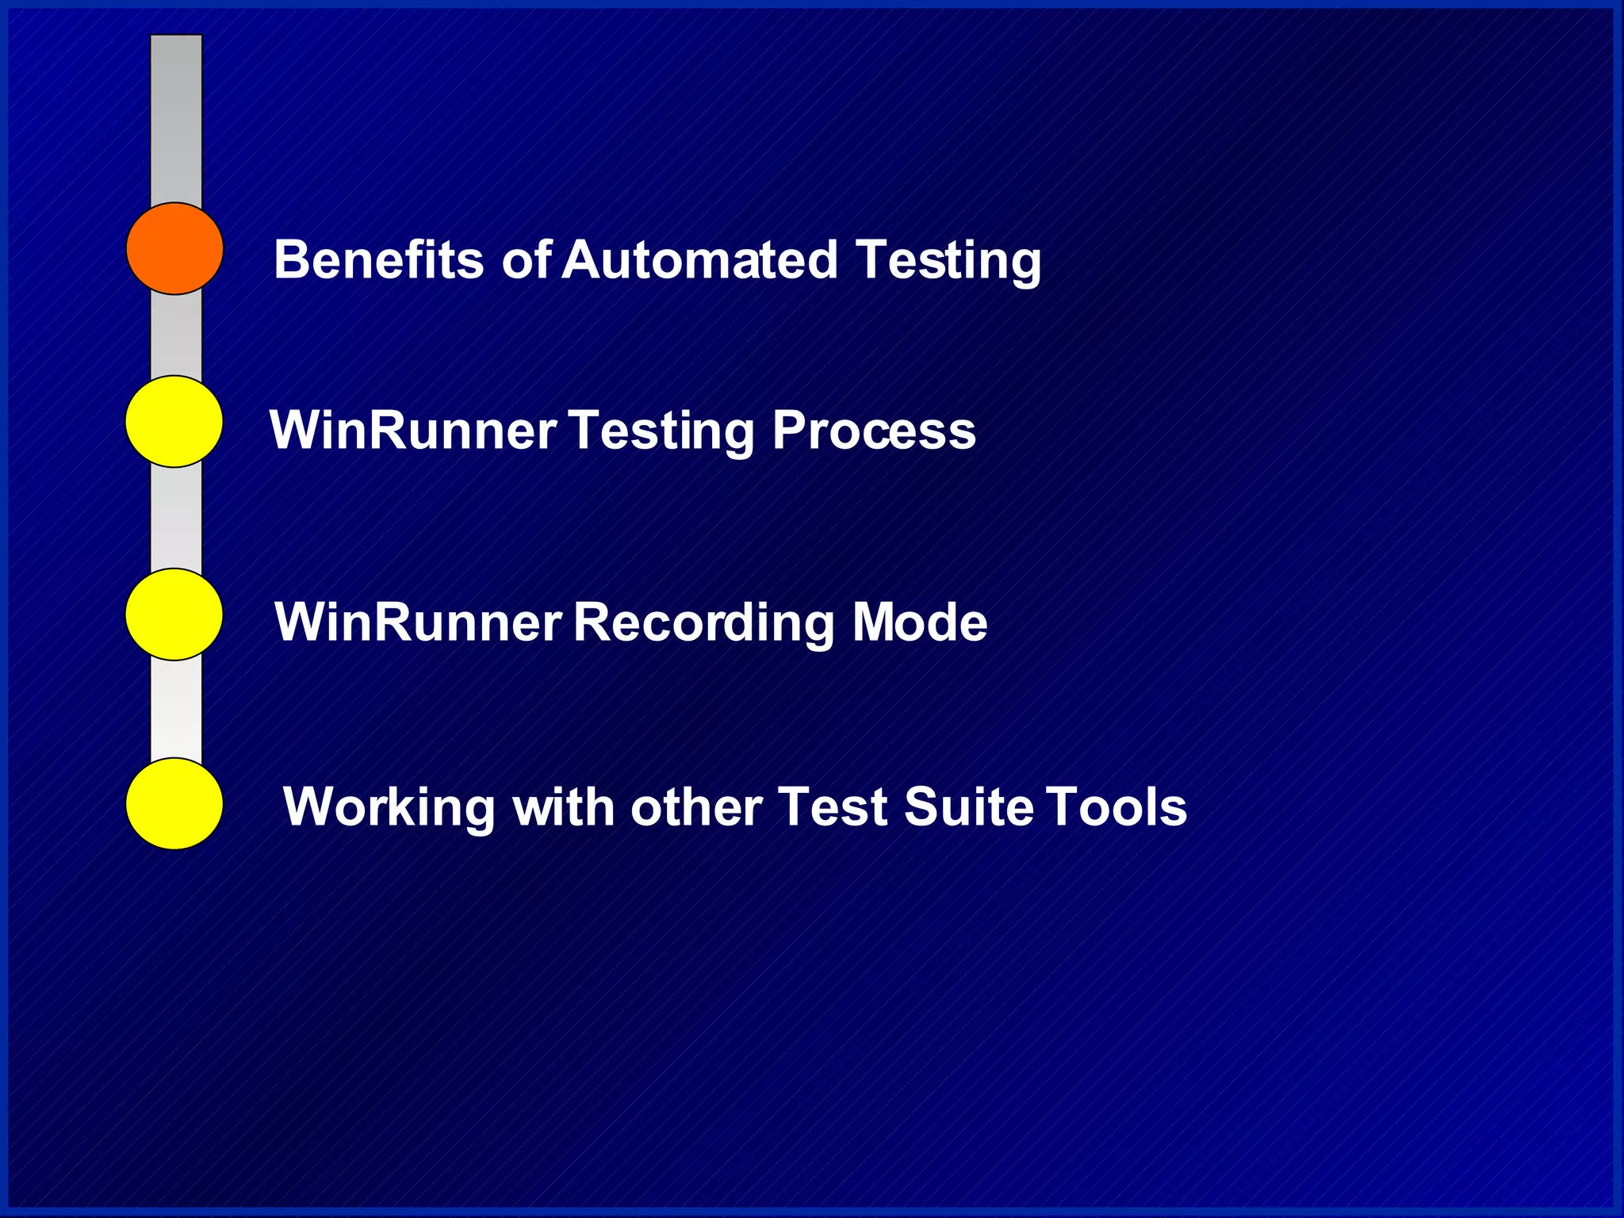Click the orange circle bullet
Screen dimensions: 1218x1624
coord(174,248)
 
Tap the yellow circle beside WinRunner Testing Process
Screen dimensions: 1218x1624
coord(174,421)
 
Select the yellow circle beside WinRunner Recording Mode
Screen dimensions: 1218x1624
coord(174,614)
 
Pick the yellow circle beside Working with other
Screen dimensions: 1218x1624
coord(174,803)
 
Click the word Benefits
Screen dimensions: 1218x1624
coord(378,259)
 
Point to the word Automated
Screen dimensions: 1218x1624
coord(699,259)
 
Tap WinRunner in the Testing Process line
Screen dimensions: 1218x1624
coord(412,431)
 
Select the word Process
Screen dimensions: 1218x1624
coord(874,431)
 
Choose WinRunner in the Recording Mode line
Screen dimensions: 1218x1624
coord(417,622)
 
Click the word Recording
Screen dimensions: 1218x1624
coord(703,623)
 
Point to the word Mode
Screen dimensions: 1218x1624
coord(919,622)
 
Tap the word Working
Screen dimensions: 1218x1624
coord(389,808)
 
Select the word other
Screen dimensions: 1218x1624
coord(695,807)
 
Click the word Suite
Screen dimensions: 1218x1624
coord(968,807)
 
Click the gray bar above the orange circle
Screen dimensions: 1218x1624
coord(176,119)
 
